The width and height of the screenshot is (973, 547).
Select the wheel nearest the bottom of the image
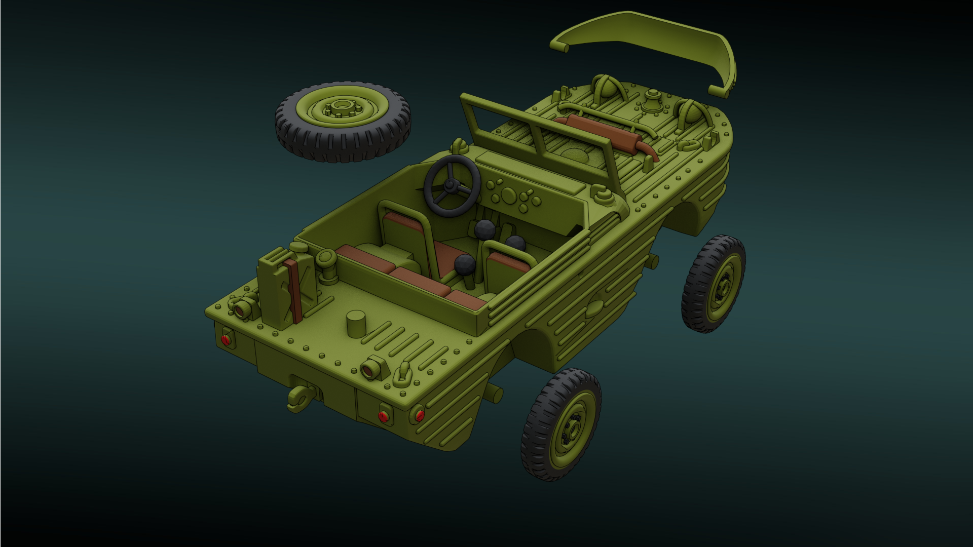pos(562,424)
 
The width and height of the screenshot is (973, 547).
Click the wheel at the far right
pos(714,284)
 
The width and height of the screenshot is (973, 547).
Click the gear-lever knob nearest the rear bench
pos(465,265)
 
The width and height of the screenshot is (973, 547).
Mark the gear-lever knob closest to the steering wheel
pos(485,230)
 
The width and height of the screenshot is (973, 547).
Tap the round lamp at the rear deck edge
pos(373,369)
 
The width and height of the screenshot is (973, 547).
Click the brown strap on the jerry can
pos(293,291)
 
